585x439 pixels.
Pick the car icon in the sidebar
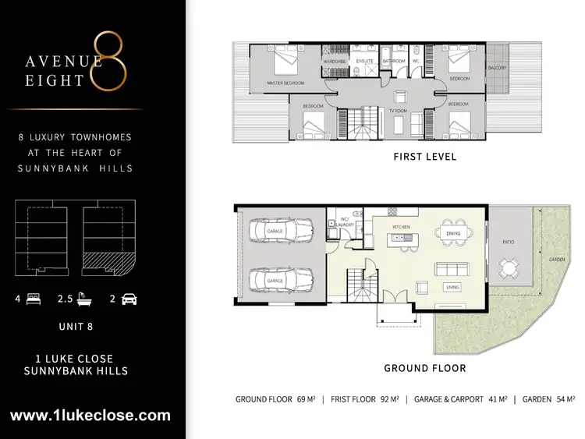click(129, 299)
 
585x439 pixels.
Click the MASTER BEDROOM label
click(285, 83)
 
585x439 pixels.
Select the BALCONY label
click(498, 68)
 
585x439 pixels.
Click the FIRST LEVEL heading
click(425, 157)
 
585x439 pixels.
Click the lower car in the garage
click(280, 278)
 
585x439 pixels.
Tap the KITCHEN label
click(402, 227)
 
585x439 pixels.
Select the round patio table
click(509, 269)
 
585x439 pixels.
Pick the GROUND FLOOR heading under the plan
click(425, 368)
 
